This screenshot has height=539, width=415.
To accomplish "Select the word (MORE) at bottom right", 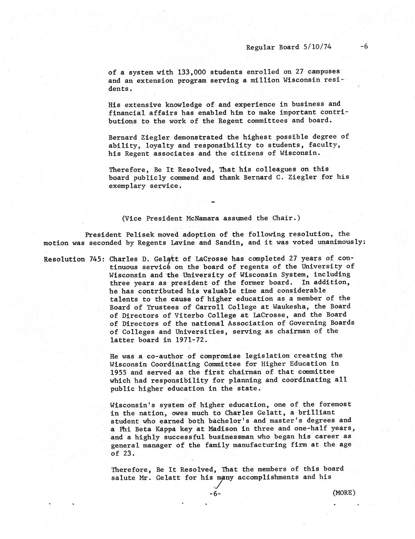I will click(x=344, y=493).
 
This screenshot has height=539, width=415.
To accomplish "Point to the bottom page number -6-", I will click(x=215, y=494).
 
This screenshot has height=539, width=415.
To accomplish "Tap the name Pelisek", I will click(x=147, y=235).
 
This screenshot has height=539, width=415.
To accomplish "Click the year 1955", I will click(x=118, y=372).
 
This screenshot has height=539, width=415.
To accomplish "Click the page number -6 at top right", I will click(x=364, y=46).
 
